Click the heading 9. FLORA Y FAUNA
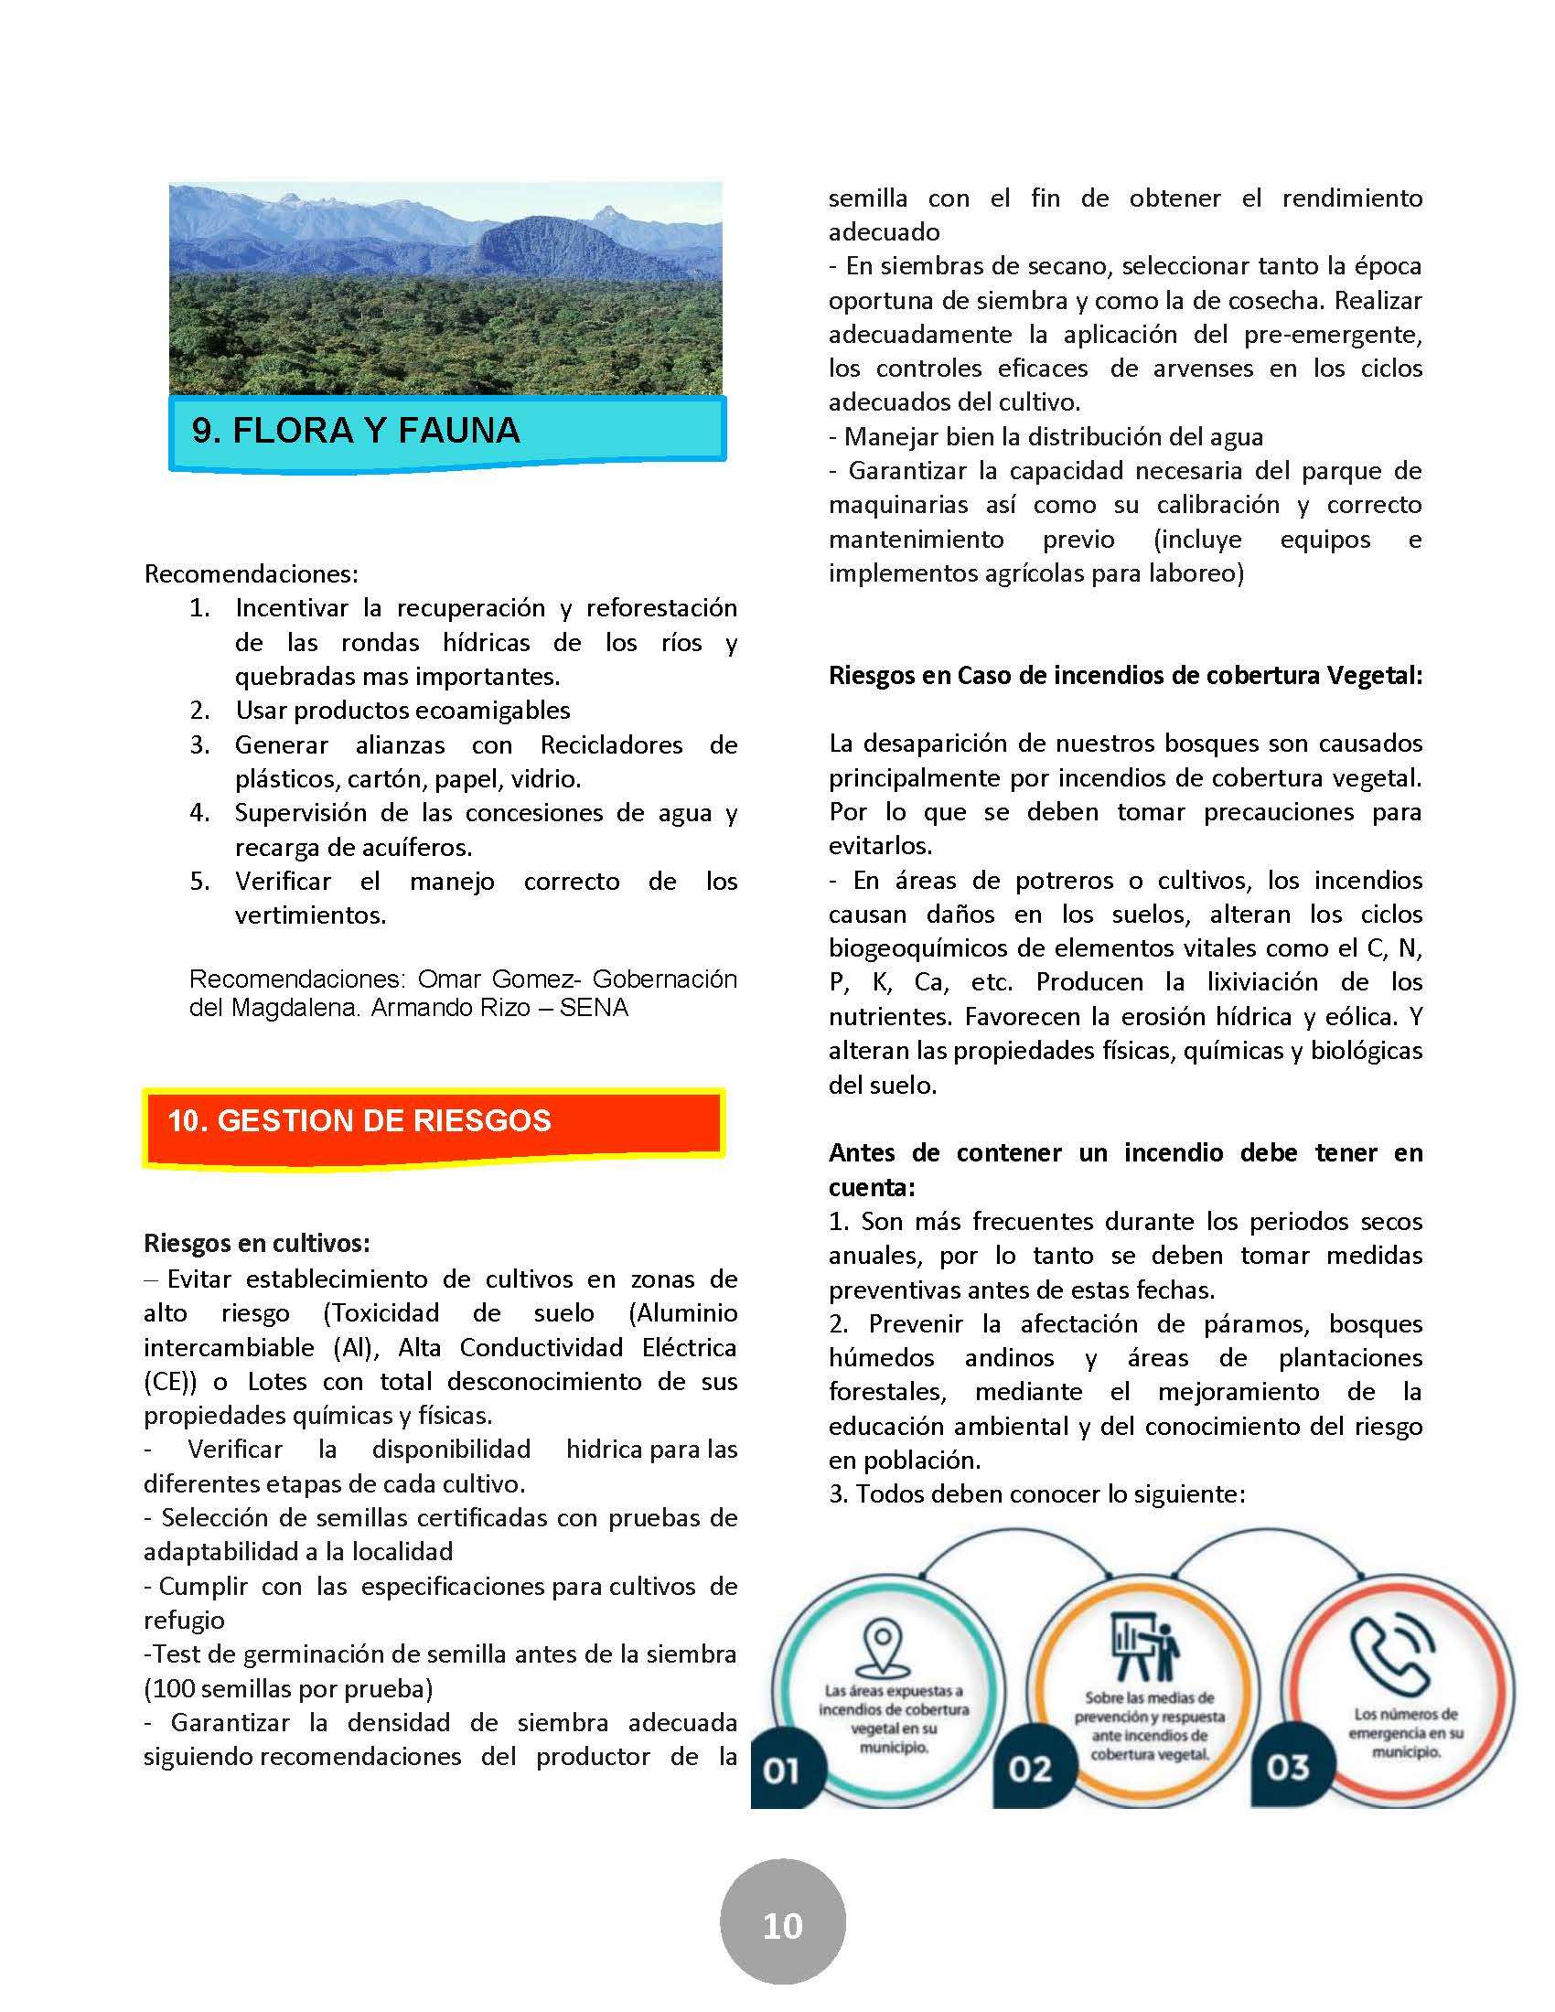[356, 430]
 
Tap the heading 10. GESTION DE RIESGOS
[359, 1120]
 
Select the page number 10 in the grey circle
[782, 1925]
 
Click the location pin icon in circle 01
[882, 1644]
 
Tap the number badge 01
[780, 1771]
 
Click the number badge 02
[1029, 1769]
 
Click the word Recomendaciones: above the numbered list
[251, 574]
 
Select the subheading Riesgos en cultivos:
[257, 1244]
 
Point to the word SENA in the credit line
[594, 1008]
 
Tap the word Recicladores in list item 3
[612, 744]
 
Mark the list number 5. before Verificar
[200, 882]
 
